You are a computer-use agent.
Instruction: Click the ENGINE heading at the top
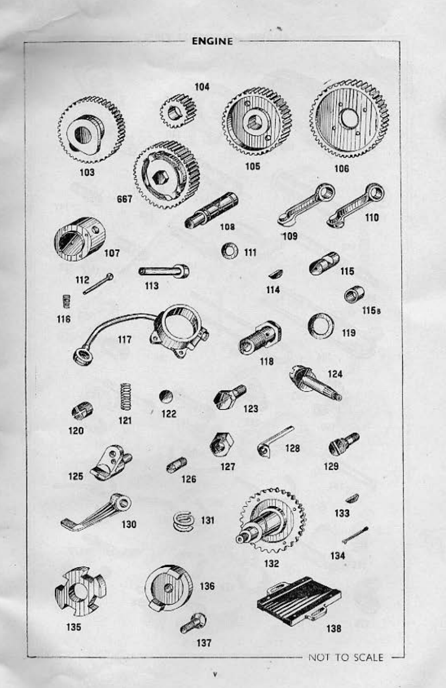[x=212, y=41]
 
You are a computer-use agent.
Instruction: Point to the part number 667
[x=125, y=199]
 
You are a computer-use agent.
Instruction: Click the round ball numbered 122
[x=166, y=396]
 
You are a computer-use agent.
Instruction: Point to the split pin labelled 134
[x=354, y=535]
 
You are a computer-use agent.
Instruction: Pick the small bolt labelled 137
[x=193, y=624]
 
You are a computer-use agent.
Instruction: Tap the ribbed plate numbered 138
[x=299, y=600]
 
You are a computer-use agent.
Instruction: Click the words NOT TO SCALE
[x=345, y=657]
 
